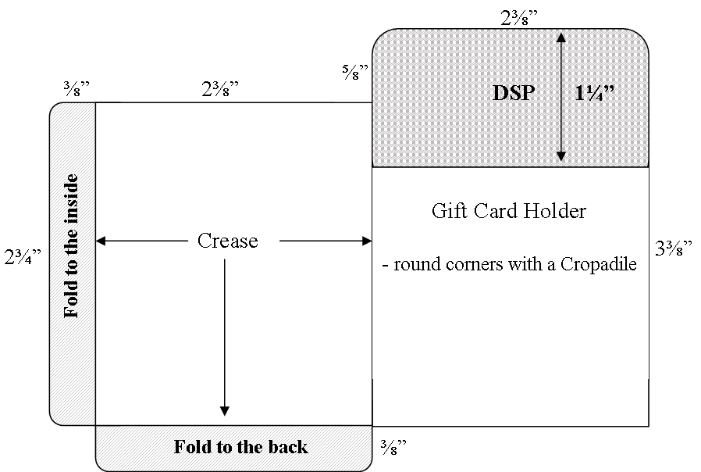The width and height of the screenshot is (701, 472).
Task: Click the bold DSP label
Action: (513, 93)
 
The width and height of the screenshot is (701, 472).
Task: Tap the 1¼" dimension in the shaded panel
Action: (594, 93)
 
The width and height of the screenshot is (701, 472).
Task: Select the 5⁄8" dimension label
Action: (355, 72)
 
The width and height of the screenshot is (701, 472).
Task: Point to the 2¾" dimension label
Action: (23, 257)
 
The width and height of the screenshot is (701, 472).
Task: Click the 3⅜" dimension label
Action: (674, 248)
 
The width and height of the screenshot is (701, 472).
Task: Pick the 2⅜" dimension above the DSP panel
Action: (519, 18)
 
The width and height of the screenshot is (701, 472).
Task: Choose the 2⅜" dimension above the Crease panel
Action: (220, 88)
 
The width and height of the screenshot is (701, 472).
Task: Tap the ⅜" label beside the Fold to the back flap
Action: (393, 447)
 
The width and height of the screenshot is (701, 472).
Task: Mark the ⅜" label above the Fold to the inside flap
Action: (77, 88)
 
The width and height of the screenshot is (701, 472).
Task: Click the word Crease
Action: (228, 241)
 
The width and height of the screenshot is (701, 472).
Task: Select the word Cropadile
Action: (598, 264)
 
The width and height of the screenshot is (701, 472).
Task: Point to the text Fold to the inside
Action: (71, 246)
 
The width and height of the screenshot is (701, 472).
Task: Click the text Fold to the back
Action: (240, 447)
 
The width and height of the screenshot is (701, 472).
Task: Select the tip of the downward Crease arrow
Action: (225, 416)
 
